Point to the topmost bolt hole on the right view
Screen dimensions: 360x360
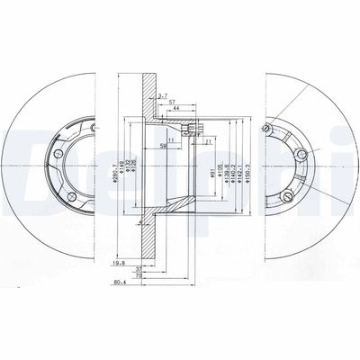point(265,132)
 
